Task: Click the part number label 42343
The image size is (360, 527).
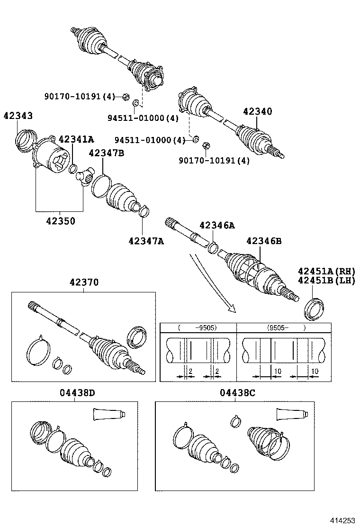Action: click(x=18, y=116)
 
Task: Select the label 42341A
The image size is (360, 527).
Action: click(x=75, y=139)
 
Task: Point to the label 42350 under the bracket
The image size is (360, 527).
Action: click(x=60, y=221)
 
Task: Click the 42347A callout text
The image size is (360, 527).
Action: click(x=146, y=241)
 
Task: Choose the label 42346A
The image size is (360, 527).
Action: click(x=216, y=226)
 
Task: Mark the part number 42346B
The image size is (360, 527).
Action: click(x=264, y=241)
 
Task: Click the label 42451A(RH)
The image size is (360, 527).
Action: click(x=326, y=271)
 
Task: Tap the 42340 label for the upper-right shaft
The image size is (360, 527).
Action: click(x=258, y=111)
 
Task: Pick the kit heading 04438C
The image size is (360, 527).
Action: click(x=240, y=392)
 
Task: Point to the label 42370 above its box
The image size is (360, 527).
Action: click(x=84, y=282)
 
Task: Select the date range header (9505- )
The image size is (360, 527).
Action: click(x=284, y=327)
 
